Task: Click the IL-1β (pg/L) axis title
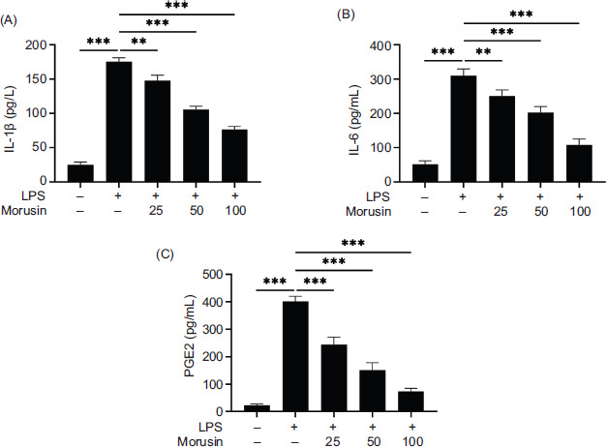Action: coord(13,112)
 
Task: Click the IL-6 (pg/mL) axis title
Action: coord(358,112)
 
